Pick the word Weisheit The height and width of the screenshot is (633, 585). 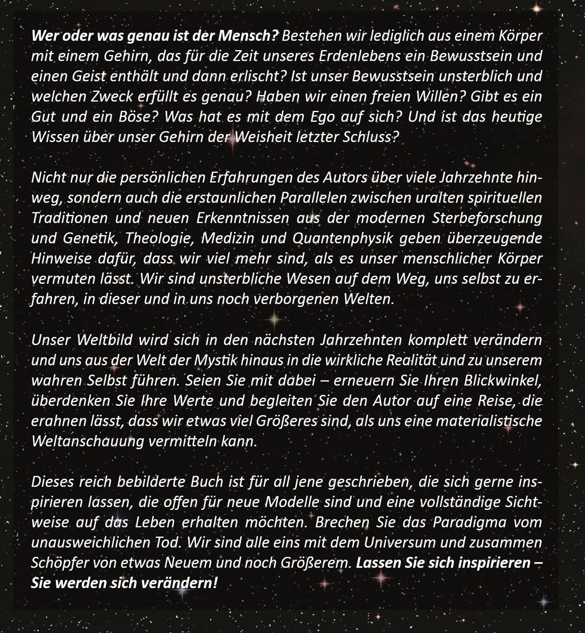pyautogui.click(x=259, y=137)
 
